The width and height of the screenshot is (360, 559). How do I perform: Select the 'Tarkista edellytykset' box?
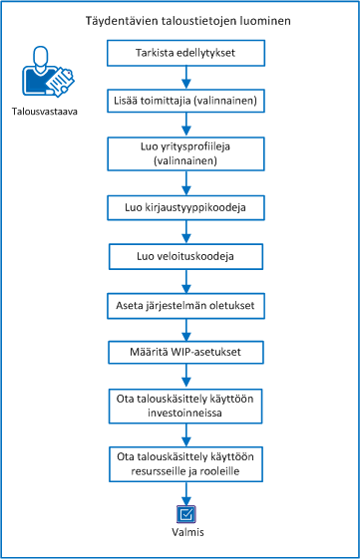pyautogui.click(x=185, y=53)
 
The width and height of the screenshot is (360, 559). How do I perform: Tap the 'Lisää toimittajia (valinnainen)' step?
pyautogui.click(x=185, y=102)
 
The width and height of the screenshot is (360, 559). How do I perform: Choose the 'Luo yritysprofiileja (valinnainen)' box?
pyautogui.click(x=185, y=152)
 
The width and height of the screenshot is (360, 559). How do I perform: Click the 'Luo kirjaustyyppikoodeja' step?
pyautogui.click(x=185, y=207)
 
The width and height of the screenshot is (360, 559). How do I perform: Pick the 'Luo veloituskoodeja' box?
pyautogui.click(x=185, y=256)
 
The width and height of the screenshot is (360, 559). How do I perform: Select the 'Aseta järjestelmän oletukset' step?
pyautogui.click(x=185, y=304)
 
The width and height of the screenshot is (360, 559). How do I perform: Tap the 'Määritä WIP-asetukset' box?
pyautogui.click(x=185, y=352)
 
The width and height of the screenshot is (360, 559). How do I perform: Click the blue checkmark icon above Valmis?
pyautogui.click(x=185, y=514)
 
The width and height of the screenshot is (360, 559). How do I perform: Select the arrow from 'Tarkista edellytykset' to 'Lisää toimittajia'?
pyautogui.click(x=185, y=77)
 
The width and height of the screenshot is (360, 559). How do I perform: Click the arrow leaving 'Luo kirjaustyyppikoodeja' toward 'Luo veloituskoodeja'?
pyautogui.click(x=185, y=231)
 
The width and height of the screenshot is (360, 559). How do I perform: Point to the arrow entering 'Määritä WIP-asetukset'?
pyautogui.click(x=185, y=328)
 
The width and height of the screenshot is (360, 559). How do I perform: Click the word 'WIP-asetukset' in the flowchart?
pyautogui.click(x=203, y=352)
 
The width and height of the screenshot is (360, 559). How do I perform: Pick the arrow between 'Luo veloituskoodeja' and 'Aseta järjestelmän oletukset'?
pyautogui.click(x=185, y=280)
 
